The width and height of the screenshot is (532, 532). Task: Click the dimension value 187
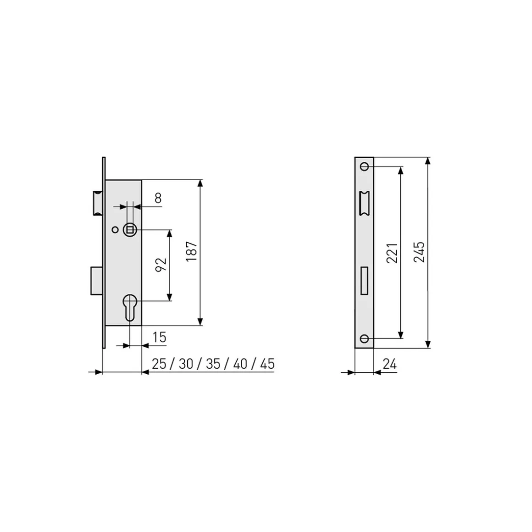[x=191, y=251]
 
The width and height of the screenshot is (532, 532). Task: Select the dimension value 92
[x=161, y=265]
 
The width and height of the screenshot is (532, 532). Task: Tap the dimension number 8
[x=158, y=198]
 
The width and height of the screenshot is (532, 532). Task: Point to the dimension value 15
[x=159, y=338]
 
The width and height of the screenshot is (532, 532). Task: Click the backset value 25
[x=159, y=364]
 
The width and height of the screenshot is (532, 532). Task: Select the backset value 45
[x=267, y=364]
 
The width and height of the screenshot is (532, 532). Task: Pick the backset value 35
[x=213, y=364]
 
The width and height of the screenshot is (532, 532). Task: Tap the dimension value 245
[x=419, y=252]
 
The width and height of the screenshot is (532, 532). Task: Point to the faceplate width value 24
[x=389, y=364]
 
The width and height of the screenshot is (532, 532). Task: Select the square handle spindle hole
[x=130, y=229]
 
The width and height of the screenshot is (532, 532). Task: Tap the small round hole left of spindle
[x=115, y=229]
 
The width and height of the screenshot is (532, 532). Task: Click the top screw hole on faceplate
[x=364, y=166]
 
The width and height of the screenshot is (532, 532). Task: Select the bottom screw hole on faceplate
[x=364, y=338]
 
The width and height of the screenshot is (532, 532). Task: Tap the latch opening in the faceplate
[x=364, y=202]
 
